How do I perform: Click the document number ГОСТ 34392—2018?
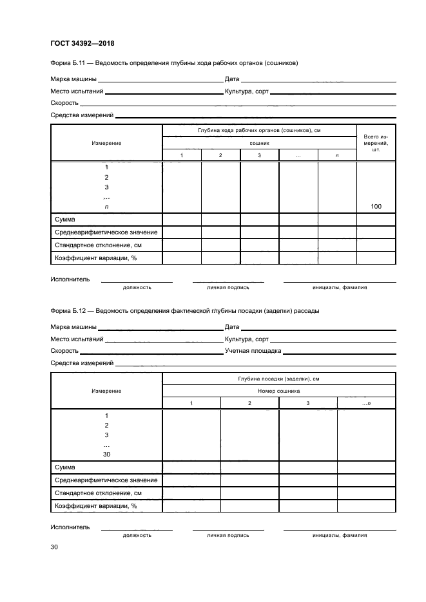pyautogui.click(x=82, y=44)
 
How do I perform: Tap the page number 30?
pyautogui.click(x=54, y=547)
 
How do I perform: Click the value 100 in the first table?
pyautogui.click(x=376, y=206)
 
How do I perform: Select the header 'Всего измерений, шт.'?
pyautogui.click(x=376, y=142)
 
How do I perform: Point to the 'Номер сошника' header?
pyautogui.click(x=278, y=391)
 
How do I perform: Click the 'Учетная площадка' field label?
pyautogui.click(x=253, y=351)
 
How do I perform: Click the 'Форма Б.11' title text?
pyautogui.click(x=174, y=63)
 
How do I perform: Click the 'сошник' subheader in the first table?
pyautogui.click(x=259, y=143)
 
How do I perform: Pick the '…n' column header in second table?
pyautogui.click(x=366, y=403)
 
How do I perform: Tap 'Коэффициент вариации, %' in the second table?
pyautogui.click(x=96, y=506)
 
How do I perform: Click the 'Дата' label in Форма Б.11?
pyautogui.click(x=232, y=79)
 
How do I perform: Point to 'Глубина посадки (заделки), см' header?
pyautogui.click(x=278, y=379)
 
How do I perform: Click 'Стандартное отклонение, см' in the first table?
pyautogui.click(x=99, y=245)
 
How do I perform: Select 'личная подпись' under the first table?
pyautogui.click(x=228, y=287)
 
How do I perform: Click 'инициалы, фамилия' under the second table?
pyautogui.click(x=340, y=535)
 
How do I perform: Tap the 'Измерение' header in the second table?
pyautogui.click(x=106, y=391)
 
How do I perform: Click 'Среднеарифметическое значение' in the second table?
pyautogui.click(x=106, y=480)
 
